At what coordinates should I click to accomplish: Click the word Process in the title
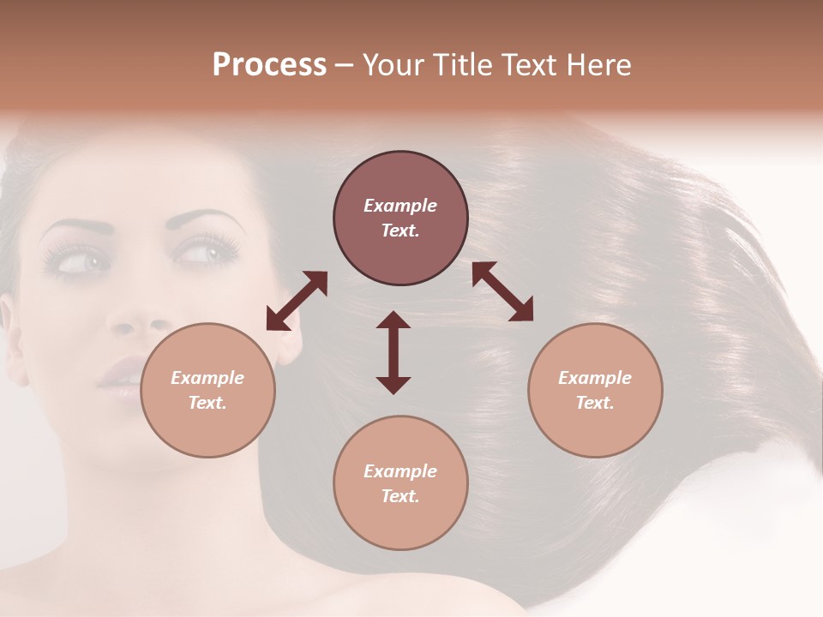[269, 65]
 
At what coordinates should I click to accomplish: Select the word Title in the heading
[460, 65]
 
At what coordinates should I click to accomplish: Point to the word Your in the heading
[392, 65]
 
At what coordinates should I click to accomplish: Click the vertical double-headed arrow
[393, 352]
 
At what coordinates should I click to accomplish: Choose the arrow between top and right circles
[503, 291]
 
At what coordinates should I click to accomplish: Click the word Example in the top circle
[400, 206]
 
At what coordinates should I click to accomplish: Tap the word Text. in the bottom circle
[400, 496]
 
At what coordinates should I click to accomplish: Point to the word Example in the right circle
[595, 378]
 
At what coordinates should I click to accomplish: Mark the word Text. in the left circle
[207, 403]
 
